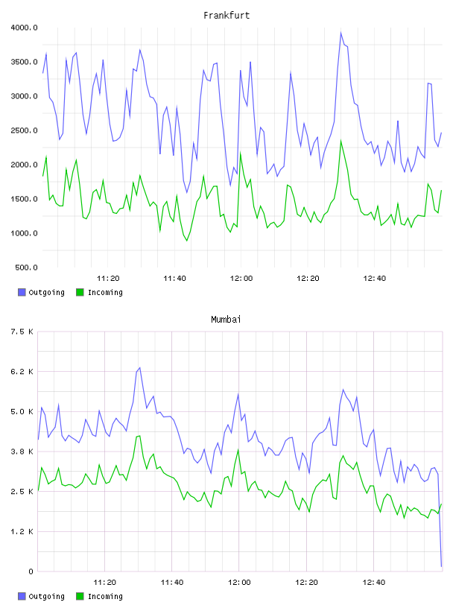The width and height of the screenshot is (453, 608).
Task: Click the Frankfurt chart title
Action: click(226, 16)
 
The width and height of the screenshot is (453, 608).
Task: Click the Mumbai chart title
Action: click(226, 320)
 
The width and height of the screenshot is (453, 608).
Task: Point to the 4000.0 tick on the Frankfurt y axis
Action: click(24, 28)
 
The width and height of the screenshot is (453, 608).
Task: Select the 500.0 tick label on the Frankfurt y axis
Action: click(26, 267)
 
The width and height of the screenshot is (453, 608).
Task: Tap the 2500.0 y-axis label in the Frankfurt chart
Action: click(24, 130)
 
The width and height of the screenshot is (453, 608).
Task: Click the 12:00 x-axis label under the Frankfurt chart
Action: click(241, 279)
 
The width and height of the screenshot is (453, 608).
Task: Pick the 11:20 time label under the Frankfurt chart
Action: click(108, 279)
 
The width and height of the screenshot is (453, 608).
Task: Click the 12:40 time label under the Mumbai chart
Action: click(374, 583)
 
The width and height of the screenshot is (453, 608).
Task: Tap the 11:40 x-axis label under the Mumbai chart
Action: click(172, 583)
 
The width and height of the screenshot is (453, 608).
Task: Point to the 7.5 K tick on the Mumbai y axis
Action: click(22, 332)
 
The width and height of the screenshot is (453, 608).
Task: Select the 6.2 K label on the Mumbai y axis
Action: click(22, 372)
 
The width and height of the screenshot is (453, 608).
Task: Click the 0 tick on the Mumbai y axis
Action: click(31, 571)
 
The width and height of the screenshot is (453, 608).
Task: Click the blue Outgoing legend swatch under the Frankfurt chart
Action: click(22, 292)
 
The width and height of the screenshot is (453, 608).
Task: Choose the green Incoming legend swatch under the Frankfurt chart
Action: click(80, 292)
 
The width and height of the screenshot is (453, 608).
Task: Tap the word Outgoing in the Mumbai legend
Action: click(46, 596)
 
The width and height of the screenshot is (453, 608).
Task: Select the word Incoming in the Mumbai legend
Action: click(105, 596)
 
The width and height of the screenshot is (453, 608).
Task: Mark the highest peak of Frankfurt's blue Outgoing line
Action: click(341, 33)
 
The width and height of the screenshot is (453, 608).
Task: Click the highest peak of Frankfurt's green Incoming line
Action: click(341, 141)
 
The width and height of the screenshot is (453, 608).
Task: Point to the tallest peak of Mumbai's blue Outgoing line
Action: click(139, 367)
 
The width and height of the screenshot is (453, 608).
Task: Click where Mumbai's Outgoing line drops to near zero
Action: click(441, 566)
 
